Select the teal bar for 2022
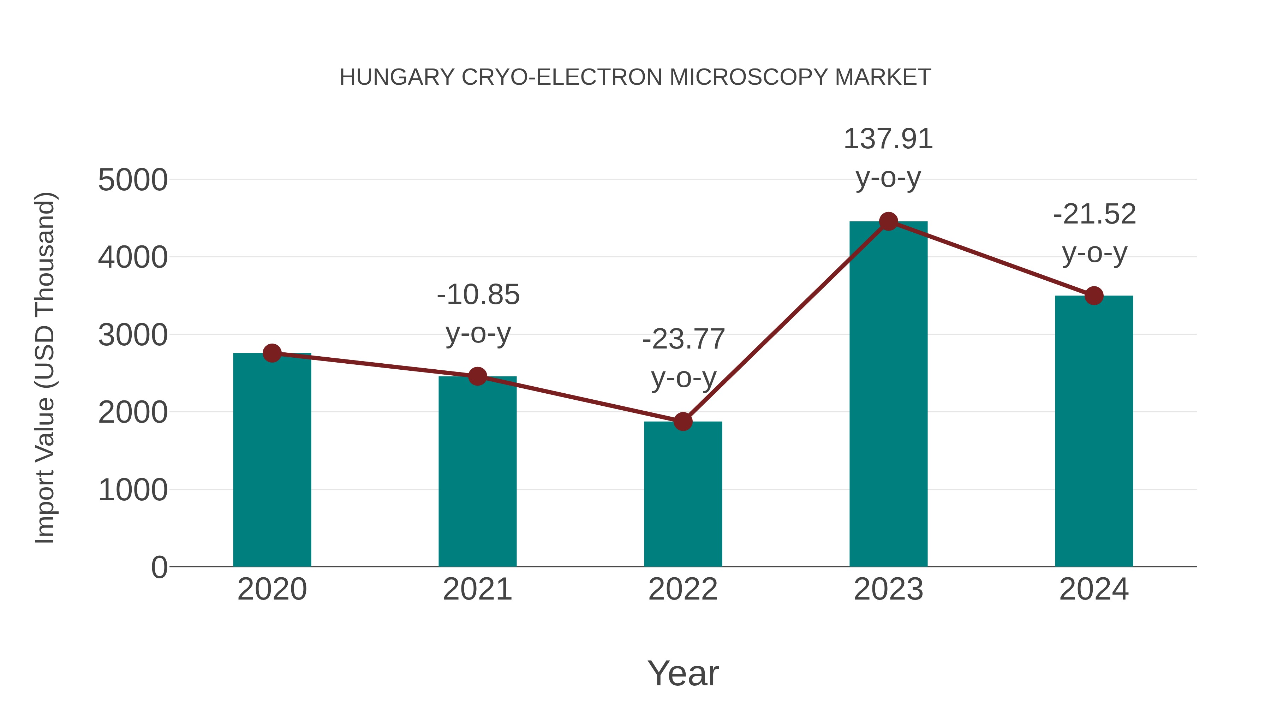click(683, 494)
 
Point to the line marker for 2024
click(1094, 296)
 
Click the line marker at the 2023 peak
click(888, 221)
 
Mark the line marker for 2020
click(272, 353)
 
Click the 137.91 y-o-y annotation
click(888, 158)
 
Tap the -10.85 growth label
click(478, 314)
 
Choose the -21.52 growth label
click(1094, 233)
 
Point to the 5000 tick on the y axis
click(133, 180)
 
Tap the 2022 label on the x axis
click(683, 589)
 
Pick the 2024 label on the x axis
click(1094, 589)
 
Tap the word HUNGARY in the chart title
click(397, 77)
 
